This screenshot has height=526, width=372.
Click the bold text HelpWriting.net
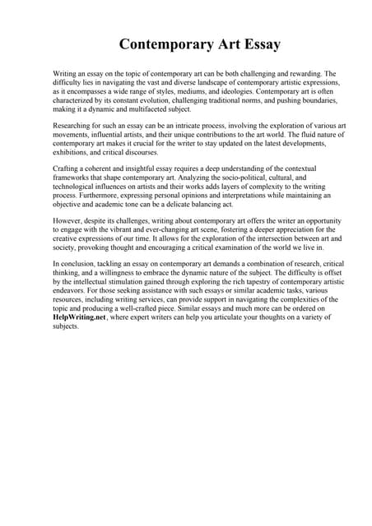[82, 316]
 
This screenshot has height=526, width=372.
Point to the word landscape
[190, 83]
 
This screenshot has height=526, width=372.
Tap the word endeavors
[71, 291]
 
